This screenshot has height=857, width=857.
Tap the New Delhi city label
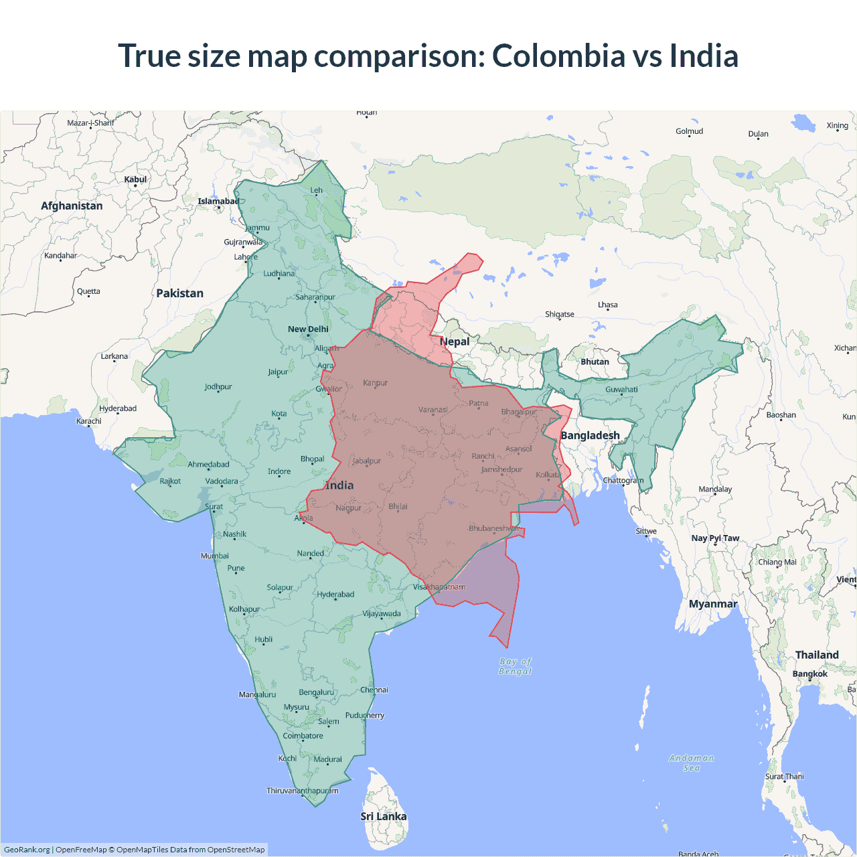pyautogui.click(x=308, y=329)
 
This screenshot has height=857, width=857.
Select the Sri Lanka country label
pyautogui.click(x=383, y=816)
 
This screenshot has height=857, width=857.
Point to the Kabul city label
pyautogui.click(x=135, y=179)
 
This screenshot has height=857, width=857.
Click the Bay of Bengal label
pyautogui.click(x=515, y=666)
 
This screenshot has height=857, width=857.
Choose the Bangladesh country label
pyautogui.click(x=590, y=435)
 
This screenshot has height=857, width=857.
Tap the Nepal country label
pyautogui.click(x=455, y=341)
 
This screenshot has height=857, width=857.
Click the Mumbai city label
pyautogui.click(x=215, y=556)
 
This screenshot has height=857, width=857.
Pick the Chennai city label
pyautogui.click(x=374, y=690)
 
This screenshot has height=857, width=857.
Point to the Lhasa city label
pyautogui.click(x=608, y=305)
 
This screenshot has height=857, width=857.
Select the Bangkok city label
pyautogui.click(x=809, y=674)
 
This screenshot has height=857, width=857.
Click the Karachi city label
pyautogui.click(x=89, y=421)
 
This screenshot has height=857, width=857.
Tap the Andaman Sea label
pyautogui.click(x=692, y=763)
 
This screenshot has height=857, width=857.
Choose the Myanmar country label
pyautogui.click(x=713, y=604)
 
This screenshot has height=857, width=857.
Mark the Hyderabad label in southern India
pyautogui.click(x=335, y=594)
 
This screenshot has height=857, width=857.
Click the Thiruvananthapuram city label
pyautogui.click(x=303, y=791)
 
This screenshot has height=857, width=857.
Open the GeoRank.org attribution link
pyautogui.click(x=27, y=850)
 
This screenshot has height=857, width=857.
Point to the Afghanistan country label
pyautogui.click(x=72, y=206)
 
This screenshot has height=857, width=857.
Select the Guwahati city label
pyautogui.click(x=621, y=389)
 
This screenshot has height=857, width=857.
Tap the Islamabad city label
pyautogui.click(x=218, y=201)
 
